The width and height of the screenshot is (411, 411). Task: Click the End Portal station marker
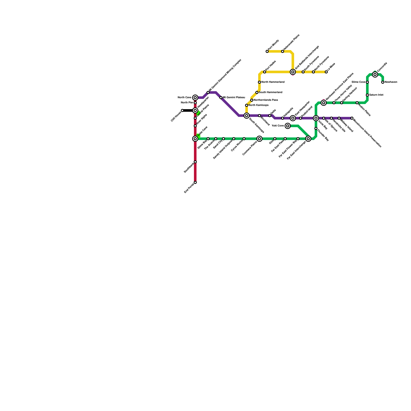tap(195, 182)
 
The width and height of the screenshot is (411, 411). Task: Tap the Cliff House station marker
tap(182, 110)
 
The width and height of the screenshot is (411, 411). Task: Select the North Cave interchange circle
tap(195, 98)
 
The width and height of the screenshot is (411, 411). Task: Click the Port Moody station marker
tap(267, 51)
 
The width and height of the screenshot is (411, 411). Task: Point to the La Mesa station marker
tap(326, 72)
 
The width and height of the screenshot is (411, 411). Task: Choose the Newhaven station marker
tap(383, 82)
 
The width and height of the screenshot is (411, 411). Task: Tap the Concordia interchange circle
tap(375, 74)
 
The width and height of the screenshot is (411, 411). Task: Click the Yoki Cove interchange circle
tap(288, 126)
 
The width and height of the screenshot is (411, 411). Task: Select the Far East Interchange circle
tap(308, 139)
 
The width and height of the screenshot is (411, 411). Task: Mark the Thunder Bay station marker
tap(316, 128)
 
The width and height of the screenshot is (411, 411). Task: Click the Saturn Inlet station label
tap(376, 95)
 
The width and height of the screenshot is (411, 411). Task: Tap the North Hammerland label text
tap(273, 82)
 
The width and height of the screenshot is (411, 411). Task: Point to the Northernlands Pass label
tap(266, 100)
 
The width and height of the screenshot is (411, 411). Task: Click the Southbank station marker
tap(195, 162)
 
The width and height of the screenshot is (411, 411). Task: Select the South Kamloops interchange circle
tap(247, 116)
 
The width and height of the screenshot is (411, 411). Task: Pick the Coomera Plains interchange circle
tap(259, 139)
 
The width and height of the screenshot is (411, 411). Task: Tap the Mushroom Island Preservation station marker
tap(352, 118)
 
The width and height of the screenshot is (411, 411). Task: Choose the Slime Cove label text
tap(358, 82)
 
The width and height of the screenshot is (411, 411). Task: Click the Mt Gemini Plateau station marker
tap(221, 98)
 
